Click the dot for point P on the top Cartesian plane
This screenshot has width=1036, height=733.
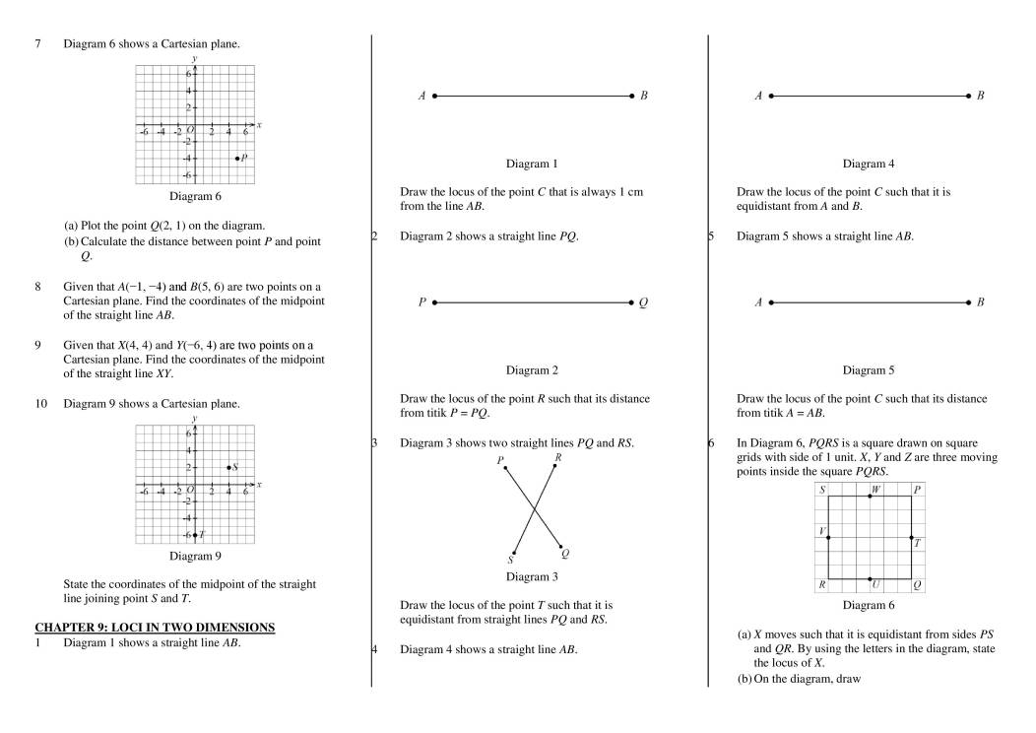[237, 158]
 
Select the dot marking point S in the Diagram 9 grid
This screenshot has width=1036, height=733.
[228, 467]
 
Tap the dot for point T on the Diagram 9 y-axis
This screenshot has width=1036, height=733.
[195, 535]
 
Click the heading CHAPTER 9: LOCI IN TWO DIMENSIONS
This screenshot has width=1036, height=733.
[155, 627]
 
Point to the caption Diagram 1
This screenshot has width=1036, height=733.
[531, 164]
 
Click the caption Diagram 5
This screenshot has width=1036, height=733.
[868, 370]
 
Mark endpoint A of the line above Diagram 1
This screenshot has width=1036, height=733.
[434, 97]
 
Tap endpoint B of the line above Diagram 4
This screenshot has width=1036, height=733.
[969, 97]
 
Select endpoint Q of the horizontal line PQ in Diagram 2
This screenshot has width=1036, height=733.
[631, 303]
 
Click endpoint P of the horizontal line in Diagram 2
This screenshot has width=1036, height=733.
[433, 303]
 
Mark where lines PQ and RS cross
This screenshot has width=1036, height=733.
[535, 509]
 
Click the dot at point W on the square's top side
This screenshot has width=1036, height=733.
[870, 497]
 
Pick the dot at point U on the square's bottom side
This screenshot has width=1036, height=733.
[870, 579]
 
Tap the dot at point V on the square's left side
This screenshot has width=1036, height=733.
[828, 538]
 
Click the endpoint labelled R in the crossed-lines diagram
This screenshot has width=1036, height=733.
[555, 465]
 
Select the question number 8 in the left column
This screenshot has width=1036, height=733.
[37, 287]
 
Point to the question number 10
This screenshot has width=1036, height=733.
[40, 403]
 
